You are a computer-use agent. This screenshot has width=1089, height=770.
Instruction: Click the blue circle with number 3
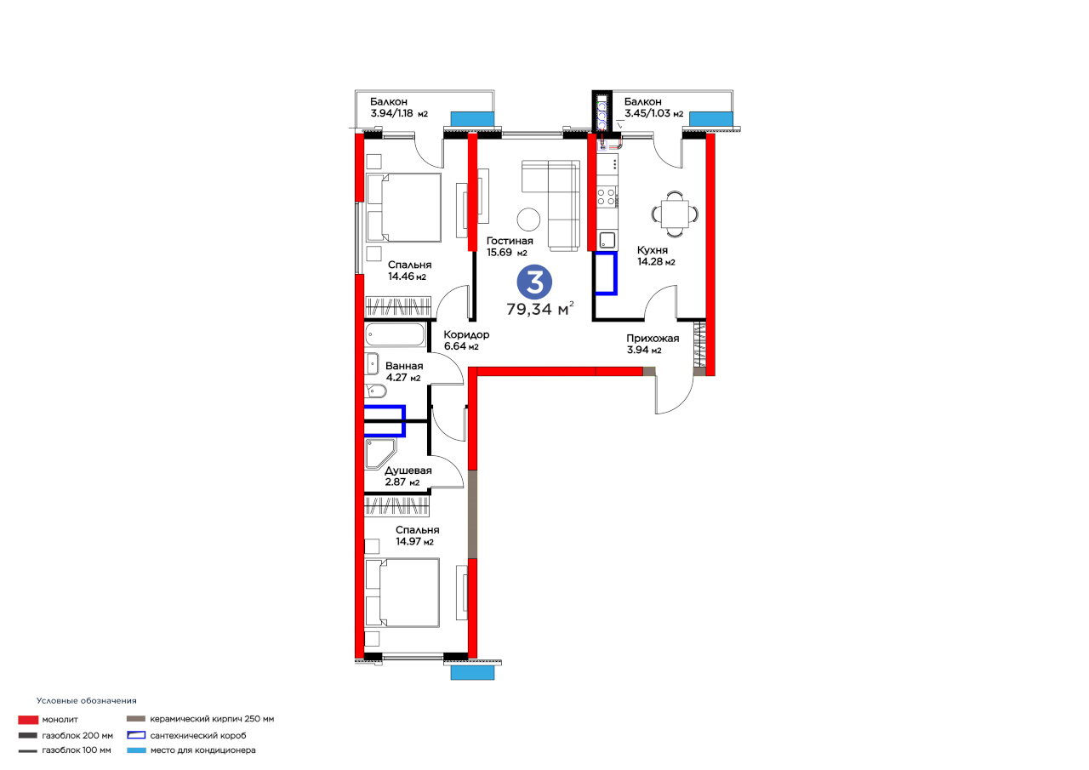click(534, 282)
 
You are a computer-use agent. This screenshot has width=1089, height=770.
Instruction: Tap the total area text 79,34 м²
click(540, 309)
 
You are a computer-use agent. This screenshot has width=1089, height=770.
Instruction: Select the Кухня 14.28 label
click(656, 256)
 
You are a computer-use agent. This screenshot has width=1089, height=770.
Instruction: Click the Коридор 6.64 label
click(466, 340)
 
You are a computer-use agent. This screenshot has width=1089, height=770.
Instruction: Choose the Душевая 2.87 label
click(408, 476)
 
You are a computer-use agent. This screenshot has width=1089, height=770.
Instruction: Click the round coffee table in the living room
click(528, 220)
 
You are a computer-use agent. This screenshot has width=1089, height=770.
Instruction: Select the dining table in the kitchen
click(675, 214)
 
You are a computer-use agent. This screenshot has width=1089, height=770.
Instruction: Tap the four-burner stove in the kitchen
click(607, 197)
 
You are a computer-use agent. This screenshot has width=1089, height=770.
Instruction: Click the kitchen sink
click(607, 240)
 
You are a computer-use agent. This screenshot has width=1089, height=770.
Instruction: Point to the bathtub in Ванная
click(395, 335)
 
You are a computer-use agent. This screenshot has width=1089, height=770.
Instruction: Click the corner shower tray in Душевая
click(379, 453)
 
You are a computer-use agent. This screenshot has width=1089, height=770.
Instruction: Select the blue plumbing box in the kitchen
click(607, 273)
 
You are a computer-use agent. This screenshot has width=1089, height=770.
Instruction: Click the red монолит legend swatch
click(28, 720)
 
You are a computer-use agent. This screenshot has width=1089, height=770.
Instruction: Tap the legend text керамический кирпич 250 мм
click(212, 719)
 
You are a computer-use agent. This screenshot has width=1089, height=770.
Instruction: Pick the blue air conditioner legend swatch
click(136, 750)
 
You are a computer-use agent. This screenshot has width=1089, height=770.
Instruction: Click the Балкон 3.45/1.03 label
click(653, 107)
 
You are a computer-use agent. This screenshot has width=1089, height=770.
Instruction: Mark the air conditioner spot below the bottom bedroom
click(472, 673)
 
